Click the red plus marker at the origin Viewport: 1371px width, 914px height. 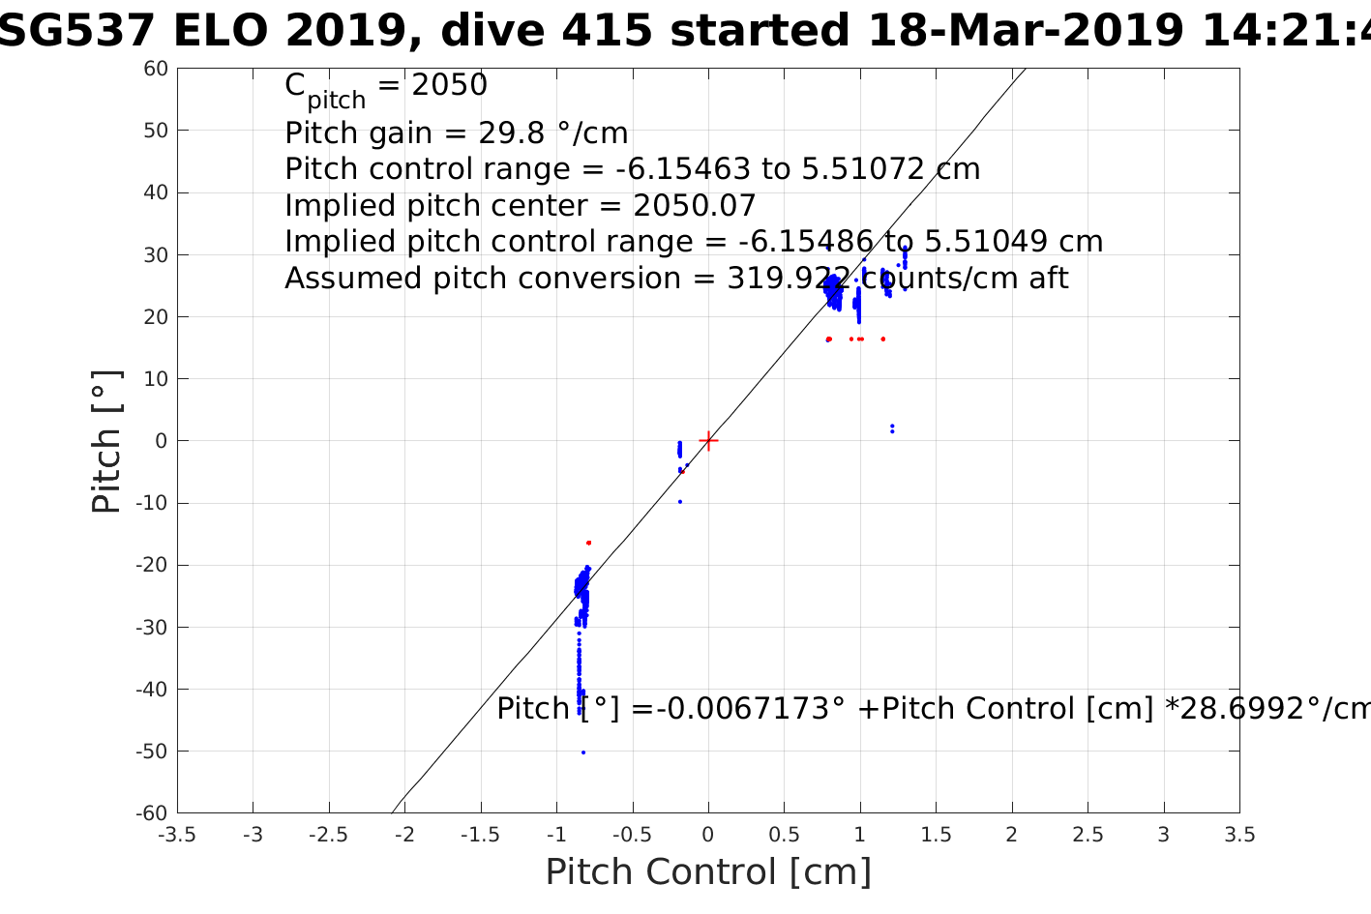pos(708,440)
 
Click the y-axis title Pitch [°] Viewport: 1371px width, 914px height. pos(106,441)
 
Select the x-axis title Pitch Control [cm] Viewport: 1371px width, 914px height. pos(708,872)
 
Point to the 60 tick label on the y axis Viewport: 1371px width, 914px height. pos(157,69)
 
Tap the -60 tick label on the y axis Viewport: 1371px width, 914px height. pos(153,813)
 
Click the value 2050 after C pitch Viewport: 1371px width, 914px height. pos(449,86)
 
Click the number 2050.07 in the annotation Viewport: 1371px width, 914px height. pos(694,206)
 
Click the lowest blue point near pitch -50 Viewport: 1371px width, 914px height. pos(582,752)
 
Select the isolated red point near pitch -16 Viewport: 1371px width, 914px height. pos(588,543)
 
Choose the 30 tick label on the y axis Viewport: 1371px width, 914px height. pos(157,254)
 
